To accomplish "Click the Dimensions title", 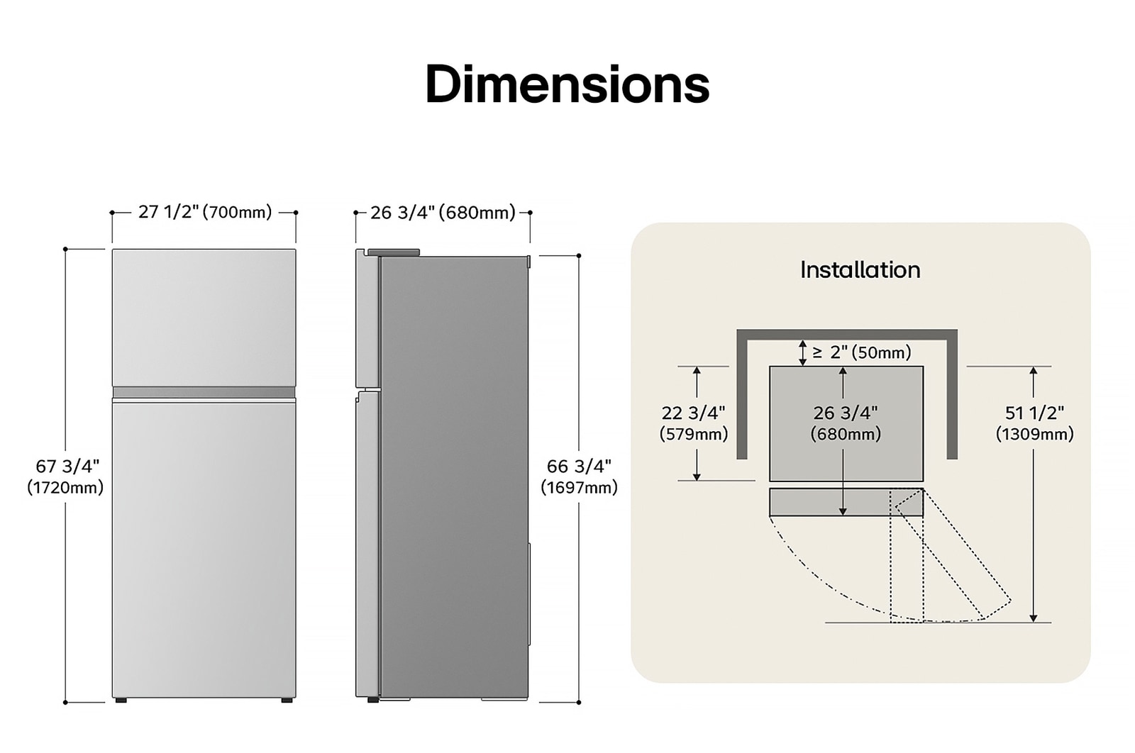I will pos(567,84).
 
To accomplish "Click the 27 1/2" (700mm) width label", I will pos(204,212).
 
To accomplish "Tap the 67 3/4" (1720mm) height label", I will pos(66,476).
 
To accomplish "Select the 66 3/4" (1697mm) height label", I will pos(579,476).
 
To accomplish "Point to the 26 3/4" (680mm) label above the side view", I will pos(443,213).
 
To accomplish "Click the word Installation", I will pos(860,270).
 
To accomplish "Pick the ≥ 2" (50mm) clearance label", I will pos(861,352).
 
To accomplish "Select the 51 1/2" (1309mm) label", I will pos(1034,423).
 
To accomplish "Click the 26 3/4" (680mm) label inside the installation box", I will pos(846,423).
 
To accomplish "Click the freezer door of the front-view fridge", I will pos(204,317).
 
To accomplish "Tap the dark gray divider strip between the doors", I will pos(204,392).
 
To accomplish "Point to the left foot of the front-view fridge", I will pos(121,701).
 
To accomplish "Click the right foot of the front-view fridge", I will pos(287,701).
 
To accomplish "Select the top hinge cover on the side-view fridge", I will pos(393,252).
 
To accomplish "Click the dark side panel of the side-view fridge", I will pos(454,475).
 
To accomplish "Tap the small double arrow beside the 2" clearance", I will pos(802,352).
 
